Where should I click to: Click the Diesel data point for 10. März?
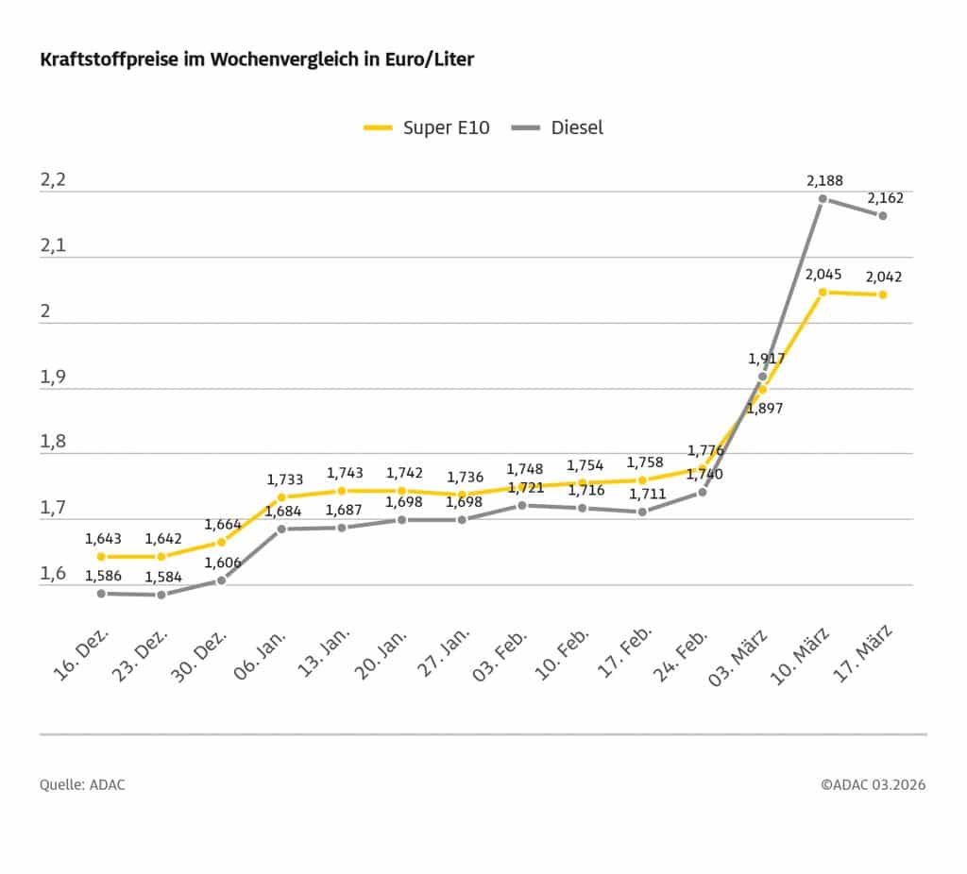[x=823, y=199]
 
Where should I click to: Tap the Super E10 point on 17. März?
[x=883, y=294]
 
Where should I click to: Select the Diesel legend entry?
[x=557, y=127]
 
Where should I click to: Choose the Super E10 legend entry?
[x=427, y=127]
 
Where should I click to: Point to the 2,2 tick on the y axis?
[x=54, y=180]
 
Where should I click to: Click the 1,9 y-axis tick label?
[x=54, y=378]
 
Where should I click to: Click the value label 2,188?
[x=824, y=180]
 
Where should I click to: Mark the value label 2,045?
[x=824, y=275]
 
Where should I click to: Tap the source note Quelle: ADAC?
[x=82, y=785]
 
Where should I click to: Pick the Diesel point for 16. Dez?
[x=100, y=593]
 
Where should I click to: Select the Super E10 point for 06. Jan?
[x=281, y=496]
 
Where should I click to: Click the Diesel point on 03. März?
[x=762, y=377]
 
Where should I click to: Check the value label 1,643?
[x=103, y=539]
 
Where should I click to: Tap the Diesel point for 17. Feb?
[x=642, y=512]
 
